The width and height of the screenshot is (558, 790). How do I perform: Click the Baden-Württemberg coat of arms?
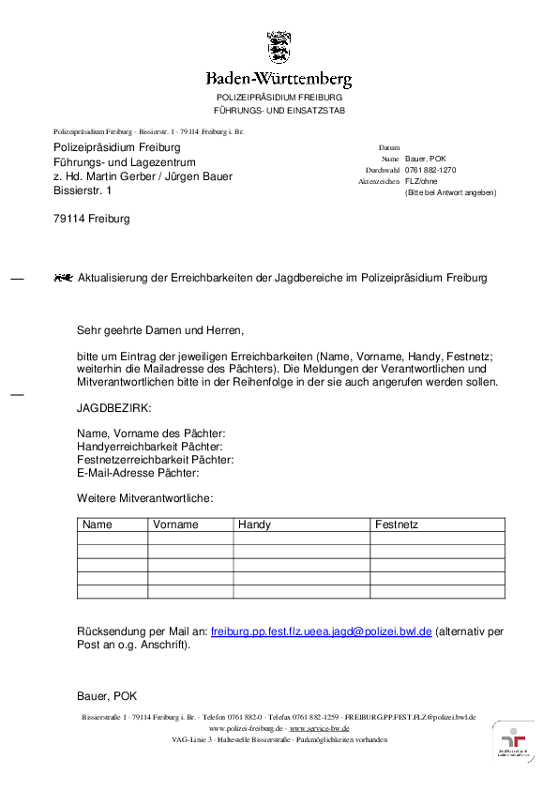pos(279,46)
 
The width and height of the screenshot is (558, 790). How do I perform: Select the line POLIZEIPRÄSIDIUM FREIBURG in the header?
pos(279,98)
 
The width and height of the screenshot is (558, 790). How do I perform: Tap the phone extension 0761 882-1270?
pos(430,170)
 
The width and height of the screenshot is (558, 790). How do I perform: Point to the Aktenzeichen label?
pos(379,181)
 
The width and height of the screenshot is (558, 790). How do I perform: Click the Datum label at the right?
pos(389,148)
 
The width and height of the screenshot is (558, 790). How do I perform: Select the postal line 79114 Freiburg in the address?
pos(91,219)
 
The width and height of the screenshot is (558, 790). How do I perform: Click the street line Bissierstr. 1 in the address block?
pos(81,190)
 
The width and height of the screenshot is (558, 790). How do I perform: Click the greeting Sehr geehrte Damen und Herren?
pos(159,330)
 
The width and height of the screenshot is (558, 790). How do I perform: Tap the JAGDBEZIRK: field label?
pos(113,408)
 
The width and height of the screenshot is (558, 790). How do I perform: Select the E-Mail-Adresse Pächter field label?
pos(138,473)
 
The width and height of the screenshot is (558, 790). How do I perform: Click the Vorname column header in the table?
pos(175,525)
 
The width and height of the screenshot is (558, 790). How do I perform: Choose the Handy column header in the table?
pos(254,525)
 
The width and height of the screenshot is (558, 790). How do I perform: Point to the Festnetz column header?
pos(397,525)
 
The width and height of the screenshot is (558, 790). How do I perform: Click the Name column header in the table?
pos(98,525)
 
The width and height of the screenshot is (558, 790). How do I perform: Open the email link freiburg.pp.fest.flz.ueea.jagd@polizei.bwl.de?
pos(321,632)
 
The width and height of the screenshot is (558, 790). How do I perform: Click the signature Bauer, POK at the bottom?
pos(107,696)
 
